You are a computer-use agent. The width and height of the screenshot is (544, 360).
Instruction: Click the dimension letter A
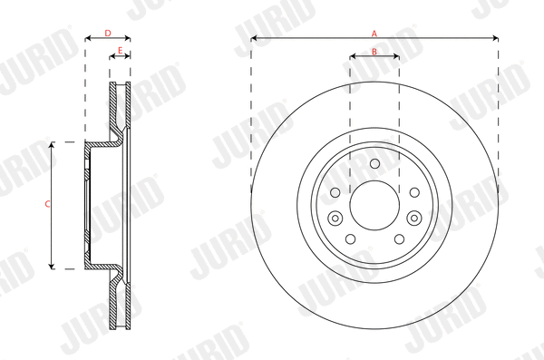tap(374, 33)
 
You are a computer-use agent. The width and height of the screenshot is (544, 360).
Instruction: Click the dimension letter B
tap(374, 52)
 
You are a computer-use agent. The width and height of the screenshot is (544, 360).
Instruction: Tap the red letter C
tap(47, 204)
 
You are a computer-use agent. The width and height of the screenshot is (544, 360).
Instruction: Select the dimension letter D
tap(107, 34)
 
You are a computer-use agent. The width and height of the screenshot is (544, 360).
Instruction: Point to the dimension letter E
tap(120, 52)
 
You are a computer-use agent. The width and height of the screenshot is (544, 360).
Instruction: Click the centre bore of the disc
tap(374, 205)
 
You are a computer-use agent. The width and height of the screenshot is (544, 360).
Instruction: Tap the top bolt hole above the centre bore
tap(374, 162)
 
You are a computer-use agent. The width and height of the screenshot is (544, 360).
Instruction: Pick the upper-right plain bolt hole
tap(413, 192)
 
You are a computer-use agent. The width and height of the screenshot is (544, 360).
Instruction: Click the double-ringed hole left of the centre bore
tap(335, 219)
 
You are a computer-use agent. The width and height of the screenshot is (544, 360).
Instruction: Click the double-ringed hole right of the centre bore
tap(413, 219)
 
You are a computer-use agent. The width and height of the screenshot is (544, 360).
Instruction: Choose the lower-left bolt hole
tap(350, 240)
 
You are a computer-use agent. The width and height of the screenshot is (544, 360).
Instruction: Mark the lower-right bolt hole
tap(399, 240)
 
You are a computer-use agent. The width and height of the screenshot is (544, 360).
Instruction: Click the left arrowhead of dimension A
tap(253, 38)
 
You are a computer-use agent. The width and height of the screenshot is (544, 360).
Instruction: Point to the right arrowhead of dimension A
tap(496, 38)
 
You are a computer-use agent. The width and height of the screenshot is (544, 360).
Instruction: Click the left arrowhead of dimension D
tap(87, 39)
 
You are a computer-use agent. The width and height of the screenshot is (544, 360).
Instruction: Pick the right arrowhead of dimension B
tap(396, 57)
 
